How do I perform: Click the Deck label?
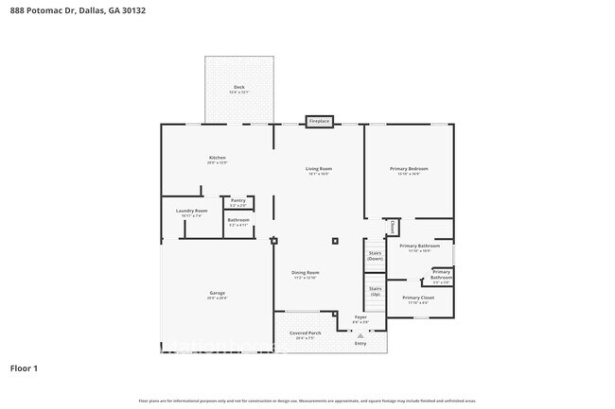[239, 87]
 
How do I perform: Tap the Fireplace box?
[319, 121]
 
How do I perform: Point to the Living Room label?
[319, 169]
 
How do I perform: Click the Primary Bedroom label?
[409, 169]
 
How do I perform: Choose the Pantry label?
[238, 200]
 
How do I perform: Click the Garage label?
[217, 293]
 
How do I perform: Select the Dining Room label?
[305, 273]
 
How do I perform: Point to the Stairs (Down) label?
[375, 255]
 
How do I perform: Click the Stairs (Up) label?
[375, 290]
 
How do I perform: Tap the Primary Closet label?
[417, 298]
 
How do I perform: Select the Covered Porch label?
[305, 333]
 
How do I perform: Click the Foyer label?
[360, 317]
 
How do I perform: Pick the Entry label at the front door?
[360, 343]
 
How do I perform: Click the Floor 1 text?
[24, 367]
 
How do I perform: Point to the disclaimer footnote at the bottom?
[307, 401]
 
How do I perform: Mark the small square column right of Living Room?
[334, 241]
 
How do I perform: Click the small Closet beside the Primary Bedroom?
[392, 227]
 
